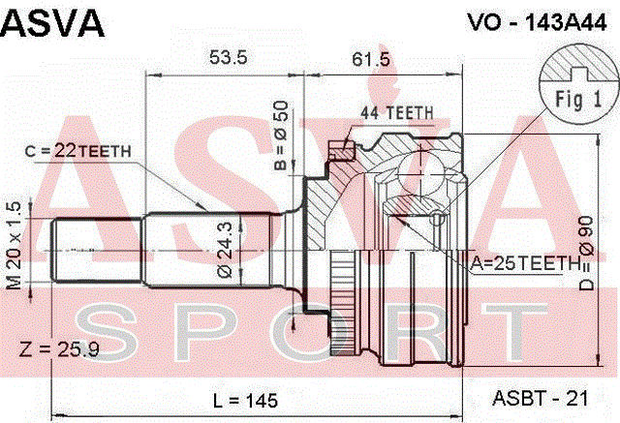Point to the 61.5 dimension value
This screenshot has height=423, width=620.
point(370,59)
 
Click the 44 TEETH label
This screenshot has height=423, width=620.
point(396,113)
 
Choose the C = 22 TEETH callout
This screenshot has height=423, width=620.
point(77,151)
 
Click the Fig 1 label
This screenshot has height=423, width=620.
point(578,98)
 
